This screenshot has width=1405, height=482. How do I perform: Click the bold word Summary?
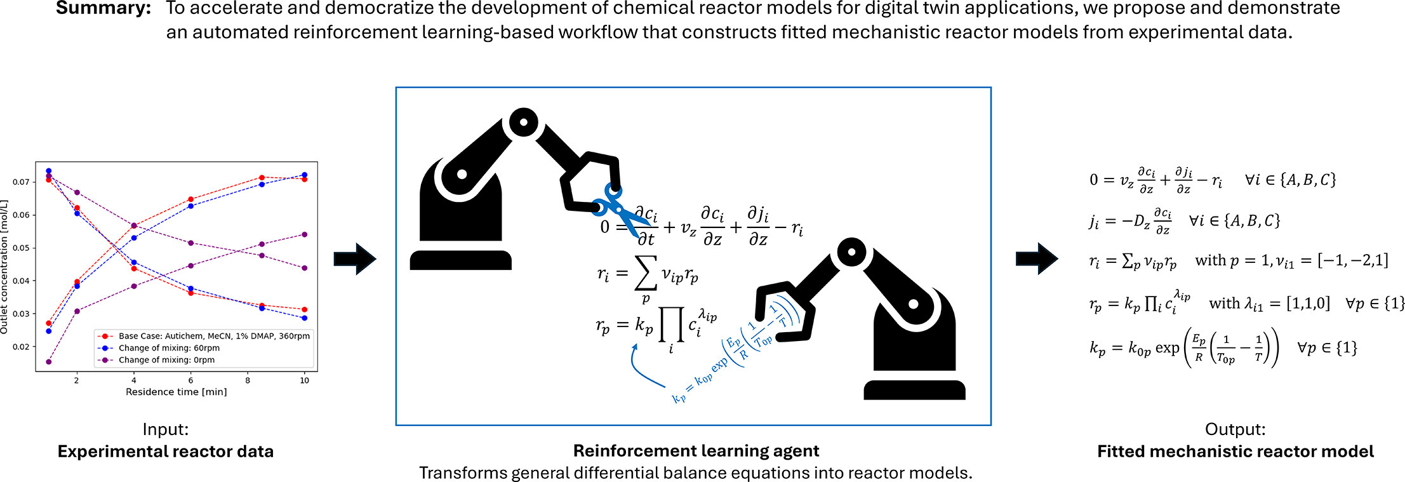(x=103, y=9)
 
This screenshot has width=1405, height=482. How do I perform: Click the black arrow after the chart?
(x=356, y=258)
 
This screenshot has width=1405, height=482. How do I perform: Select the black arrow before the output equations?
(x=1037, y=258)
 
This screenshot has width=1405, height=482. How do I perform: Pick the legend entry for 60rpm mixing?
(x=169, y=348)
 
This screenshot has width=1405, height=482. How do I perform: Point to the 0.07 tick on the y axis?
(x=21, y=182)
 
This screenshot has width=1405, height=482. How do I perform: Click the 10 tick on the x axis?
(x=305, y=380)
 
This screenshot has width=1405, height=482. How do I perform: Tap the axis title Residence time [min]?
(x=176, y=392)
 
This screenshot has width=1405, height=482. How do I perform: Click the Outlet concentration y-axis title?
(x=5, y=267)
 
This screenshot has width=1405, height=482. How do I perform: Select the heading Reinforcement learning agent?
(x=696, y=451)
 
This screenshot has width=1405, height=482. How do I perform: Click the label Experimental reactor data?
(x=165, y=452)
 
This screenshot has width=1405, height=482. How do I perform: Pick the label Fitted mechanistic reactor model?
(x=1235, y=452)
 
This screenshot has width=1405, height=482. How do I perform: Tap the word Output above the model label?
(x=1235, y=429)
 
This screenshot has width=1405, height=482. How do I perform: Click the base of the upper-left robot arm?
(x=460, y=260)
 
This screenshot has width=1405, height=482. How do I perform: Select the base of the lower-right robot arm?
(x=914, y=390)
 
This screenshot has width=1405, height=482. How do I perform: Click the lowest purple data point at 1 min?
(x=49, y=362)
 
